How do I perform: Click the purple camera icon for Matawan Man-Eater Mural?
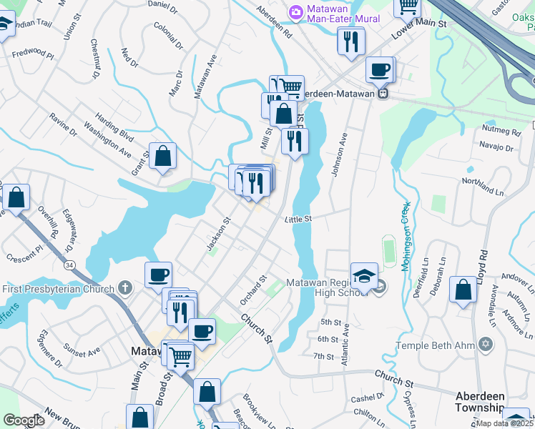295,13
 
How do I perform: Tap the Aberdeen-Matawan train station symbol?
383,93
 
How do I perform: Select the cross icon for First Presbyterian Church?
125,289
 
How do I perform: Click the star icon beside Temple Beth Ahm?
486,345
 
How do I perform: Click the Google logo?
24,420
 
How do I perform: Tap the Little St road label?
298,220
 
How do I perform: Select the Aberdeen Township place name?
490,401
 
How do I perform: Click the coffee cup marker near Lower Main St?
380,70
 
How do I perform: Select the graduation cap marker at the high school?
364,275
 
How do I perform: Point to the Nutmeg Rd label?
501,132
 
